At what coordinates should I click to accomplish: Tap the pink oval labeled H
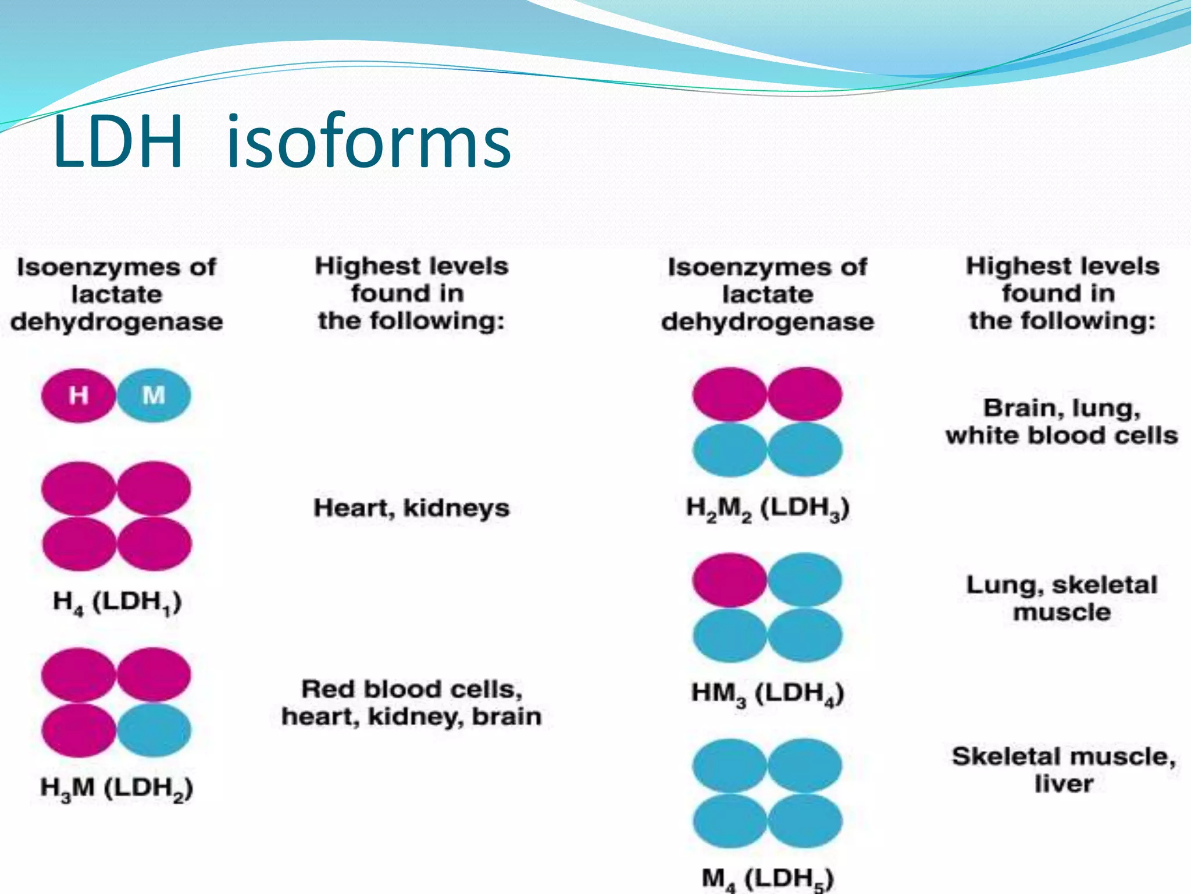[x=79, y=396]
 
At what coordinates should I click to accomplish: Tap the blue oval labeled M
[x=154, y=396]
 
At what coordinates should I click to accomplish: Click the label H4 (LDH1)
[x=117, y=601]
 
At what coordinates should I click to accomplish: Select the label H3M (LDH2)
[x=117, y=787]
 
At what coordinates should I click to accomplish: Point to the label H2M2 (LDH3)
[x=768, y=508]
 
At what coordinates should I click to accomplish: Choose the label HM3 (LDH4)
[x=768, y=694]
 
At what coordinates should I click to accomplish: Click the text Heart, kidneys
[x=411, y=508]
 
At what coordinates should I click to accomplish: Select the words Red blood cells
[x=411, y=690]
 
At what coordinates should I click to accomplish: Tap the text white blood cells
[x=1062, y=435]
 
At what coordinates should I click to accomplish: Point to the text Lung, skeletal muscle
[x=1062, y=598]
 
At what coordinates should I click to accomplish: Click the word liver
[x=1064, y=784]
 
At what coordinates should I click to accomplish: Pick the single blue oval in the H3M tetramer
[x=154, y=730]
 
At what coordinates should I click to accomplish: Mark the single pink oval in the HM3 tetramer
[x=730, y=580]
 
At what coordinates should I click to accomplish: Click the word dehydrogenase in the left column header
[x=117, y=322]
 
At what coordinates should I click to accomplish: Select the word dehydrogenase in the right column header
[x=768, y=322]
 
